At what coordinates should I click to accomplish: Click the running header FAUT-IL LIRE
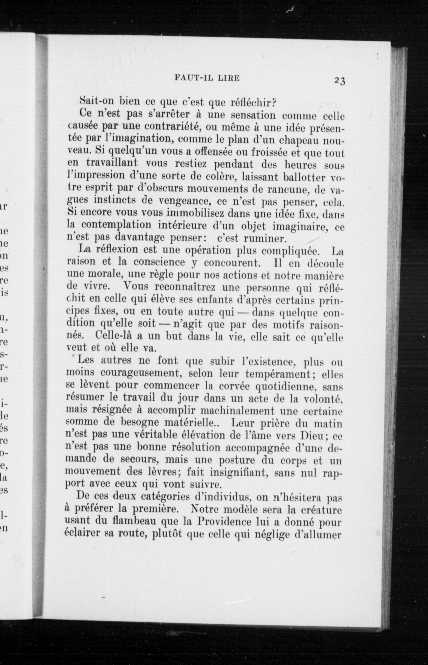coord(207,78)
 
